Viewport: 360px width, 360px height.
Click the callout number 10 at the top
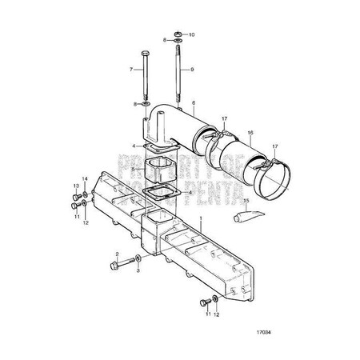191,36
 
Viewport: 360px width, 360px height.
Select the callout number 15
246,201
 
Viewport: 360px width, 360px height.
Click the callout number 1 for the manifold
201,218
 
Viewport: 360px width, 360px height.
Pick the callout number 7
131,70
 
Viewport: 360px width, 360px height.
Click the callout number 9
191,70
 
